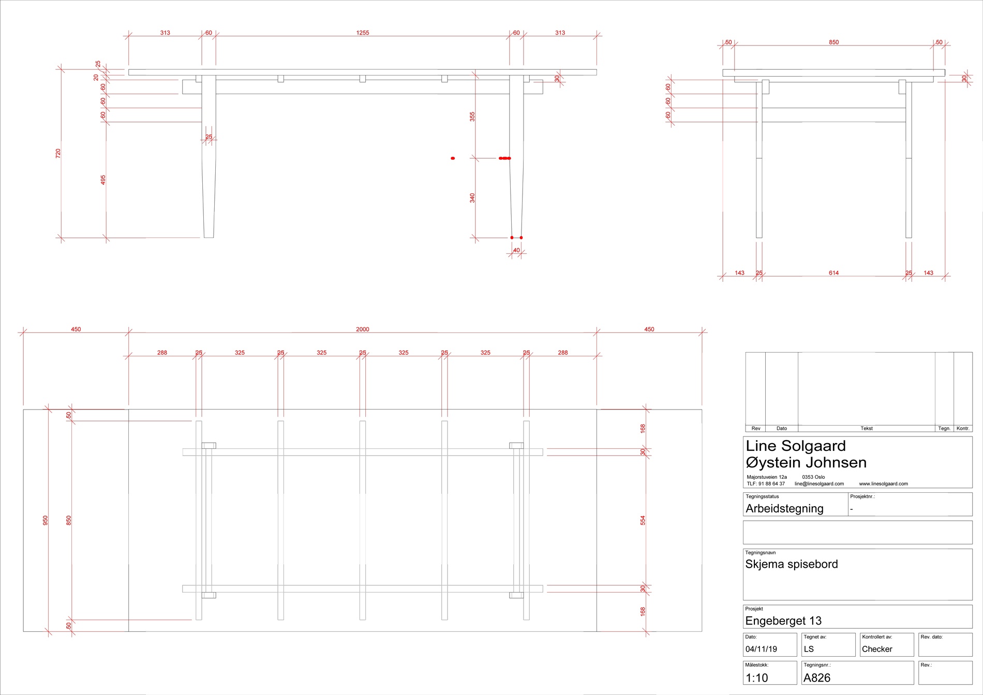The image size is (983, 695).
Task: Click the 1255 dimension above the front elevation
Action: pos(363,33)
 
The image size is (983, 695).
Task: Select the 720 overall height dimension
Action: pos(58,153)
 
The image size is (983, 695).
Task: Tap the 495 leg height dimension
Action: pos(103,179)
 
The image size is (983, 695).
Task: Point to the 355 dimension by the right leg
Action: pos(472,117)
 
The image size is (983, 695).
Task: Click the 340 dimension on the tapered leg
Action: pos(472,198)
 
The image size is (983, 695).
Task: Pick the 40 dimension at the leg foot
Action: pos(516,250)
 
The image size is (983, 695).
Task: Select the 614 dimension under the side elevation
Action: pos(833,273)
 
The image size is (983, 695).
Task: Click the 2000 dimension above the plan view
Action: pos(363,329)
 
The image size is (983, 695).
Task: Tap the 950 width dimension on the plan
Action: pos(45,520)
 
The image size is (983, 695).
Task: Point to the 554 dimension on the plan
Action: pos(643,520)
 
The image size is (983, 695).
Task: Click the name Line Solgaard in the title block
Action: pos(796,446)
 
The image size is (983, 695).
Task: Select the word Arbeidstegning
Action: pos(784,509)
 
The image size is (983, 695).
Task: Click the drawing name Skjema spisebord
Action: pos(792,564)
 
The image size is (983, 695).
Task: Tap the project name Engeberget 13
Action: pos(783,621)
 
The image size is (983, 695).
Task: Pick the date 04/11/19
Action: pos(761,649)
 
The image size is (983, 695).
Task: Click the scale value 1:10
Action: pos(756,678)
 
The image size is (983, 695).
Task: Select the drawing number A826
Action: pos(817,678)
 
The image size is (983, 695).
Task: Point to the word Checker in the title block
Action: pos(877,649)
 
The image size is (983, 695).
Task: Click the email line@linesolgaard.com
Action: pos(819,484)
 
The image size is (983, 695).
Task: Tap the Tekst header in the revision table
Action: pos(867,429)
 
